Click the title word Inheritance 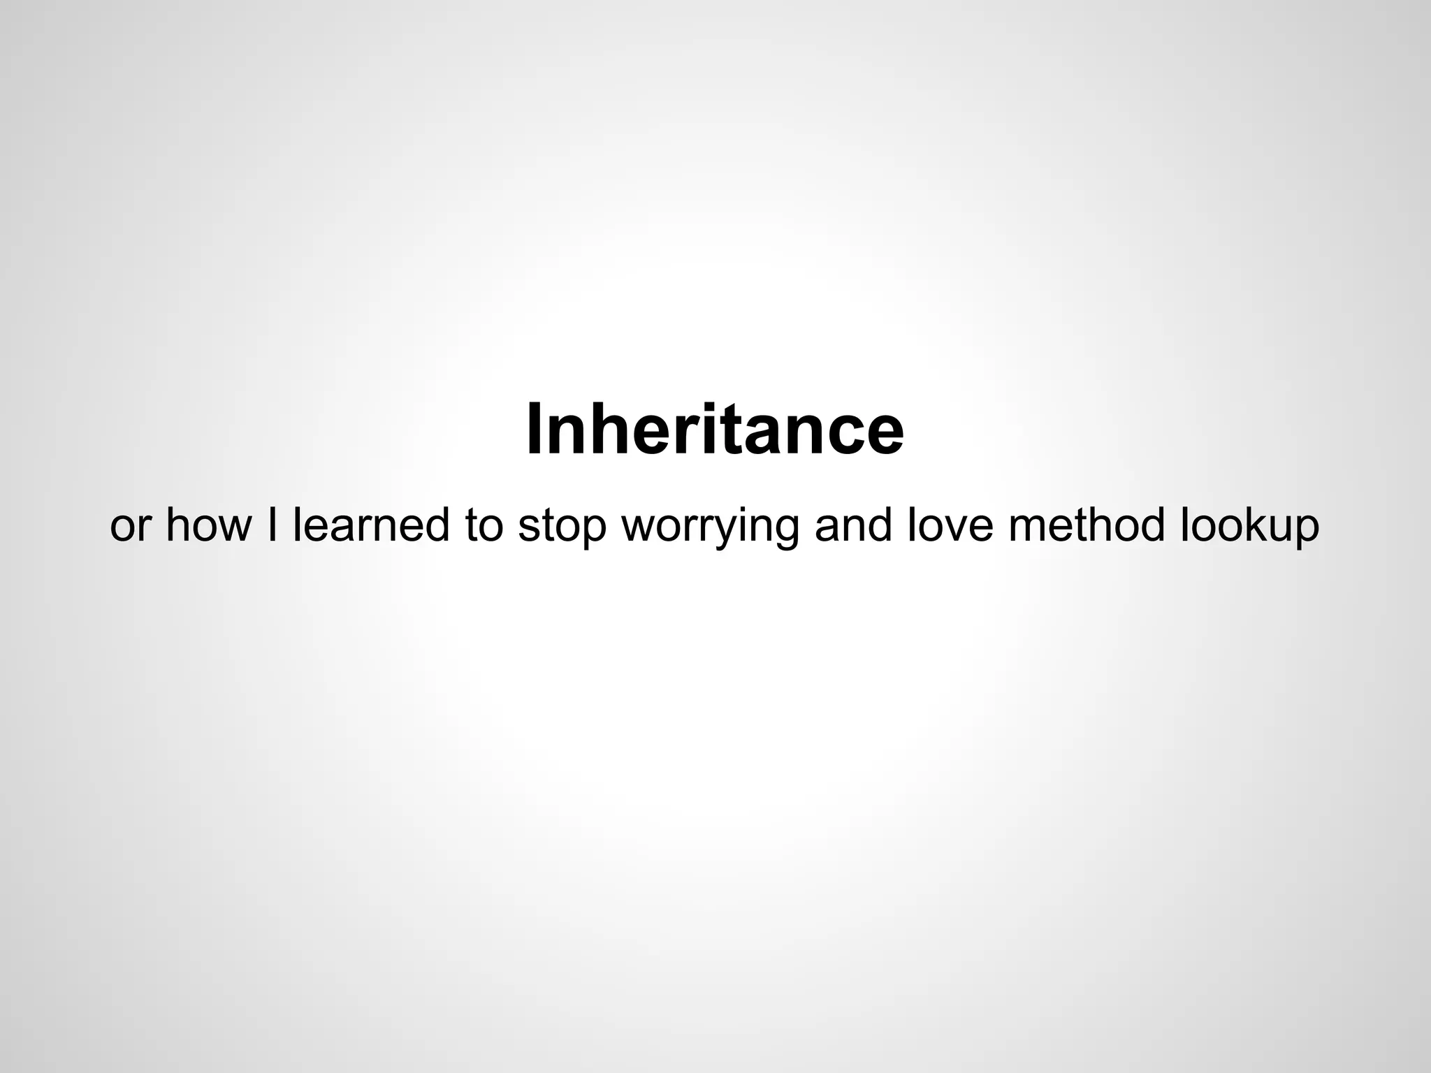(x=715, y=428)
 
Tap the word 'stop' (x=562, y=526)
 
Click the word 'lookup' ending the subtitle (x=1249, y=526)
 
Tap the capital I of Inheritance (x=535, y=428)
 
